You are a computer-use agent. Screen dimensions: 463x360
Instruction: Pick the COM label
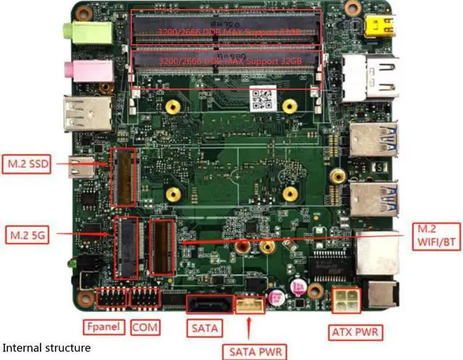(145, 327)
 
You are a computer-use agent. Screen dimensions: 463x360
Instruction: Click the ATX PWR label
(356, 332)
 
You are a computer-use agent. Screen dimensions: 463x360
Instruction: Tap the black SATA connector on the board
(210, 304)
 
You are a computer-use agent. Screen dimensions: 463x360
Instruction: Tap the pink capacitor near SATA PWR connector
(275, 297)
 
